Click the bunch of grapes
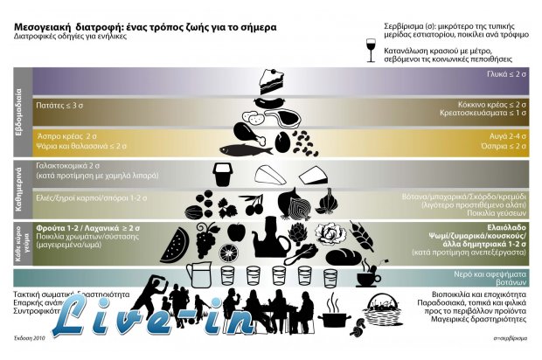(208, 237)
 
